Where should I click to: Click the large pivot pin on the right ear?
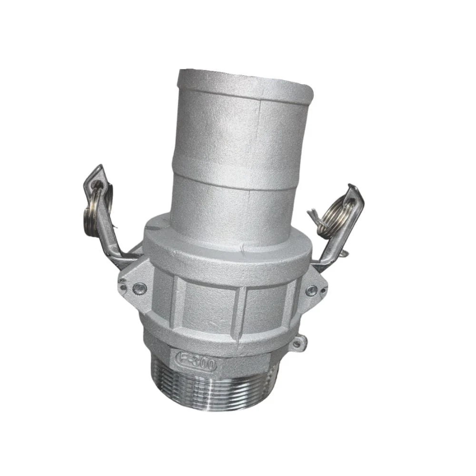(x=311, y=290)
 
